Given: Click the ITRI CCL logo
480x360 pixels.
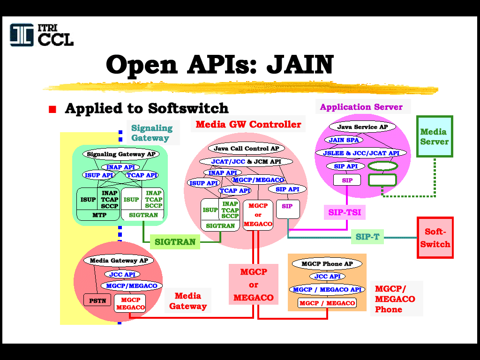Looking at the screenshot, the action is click(x=42, y=35).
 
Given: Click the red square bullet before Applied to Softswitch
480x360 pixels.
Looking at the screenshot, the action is click(x=52, y=109).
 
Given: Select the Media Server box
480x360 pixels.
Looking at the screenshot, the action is click(x=435, y=136).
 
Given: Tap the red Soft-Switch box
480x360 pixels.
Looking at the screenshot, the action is click(x=435, y=238).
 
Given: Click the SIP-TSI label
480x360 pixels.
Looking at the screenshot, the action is click(x=345, y=212).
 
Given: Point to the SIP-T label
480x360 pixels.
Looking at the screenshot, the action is click(x=367, y=237).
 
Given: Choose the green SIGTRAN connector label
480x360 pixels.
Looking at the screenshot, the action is click(x=175, y=242).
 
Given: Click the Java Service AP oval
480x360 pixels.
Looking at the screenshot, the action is click(x=362, y=127).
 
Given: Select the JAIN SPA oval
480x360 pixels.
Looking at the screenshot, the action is click(x=344, y=140).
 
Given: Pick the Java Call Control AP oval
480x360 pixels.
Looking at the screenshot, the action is click(x=247, y=149).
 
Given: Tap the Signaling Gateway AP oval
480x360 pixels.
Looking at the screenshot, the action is click(x=121, y=154).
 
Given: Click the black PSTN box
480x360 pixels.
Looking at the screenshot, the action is click(x=97, y=300).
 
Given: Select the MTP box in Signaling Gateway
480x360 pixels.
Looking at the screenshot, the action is click(x=98, y=215).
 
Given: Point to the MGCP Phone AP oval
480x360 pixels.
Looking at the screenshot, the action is click(x=327, y=263).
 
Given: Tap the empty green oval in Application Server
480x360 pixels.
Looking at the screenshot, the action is click(x=382, y=166).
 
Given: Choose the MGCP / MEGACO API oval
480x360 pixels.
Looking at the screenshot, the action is click(x=327, y=290).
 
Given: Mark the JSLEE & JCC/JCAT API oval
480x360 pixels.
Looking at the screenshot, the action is click(x=361, y=153).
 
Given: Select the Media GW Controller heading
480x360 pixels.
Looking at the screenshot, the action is click(x=248, y=124).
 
